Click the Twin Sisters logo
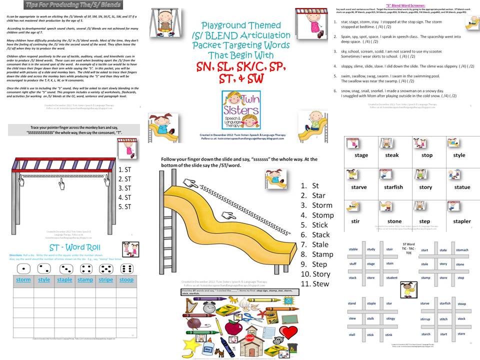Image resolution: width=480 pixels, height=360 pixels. tap(239, 111)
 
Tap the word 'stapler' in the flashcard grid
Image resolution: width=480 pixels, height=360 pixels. tap(461, 221)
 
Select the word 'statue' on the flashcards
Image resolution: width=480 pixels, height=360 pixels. tap(461, 187)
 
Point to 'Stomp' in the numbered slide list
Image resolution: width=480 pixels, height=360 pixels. tap(322, 215)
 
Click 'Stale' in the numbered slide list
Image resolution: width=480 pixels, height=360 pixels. tap(320, 244)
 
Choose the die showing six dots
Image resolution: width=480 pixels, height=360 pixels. tap(126, 268)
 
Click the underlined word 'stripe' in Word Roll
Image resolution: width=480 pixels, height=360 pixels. tap(105, 279)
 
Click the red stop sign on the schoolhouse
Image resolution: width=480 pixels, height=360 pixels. tap(249, 338)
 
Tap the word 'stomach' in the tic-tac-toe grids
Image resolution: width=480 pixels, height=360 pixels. tap(462, 250)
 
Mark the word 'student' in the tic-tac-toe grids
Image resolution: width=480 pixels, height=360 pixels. tap(391, 277)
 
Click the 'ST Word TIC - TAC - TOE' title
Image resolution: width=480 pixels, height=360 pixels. tap(409, 248)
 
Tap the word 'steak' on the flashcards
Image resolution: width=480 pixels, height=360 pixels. tap(392, 155)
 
